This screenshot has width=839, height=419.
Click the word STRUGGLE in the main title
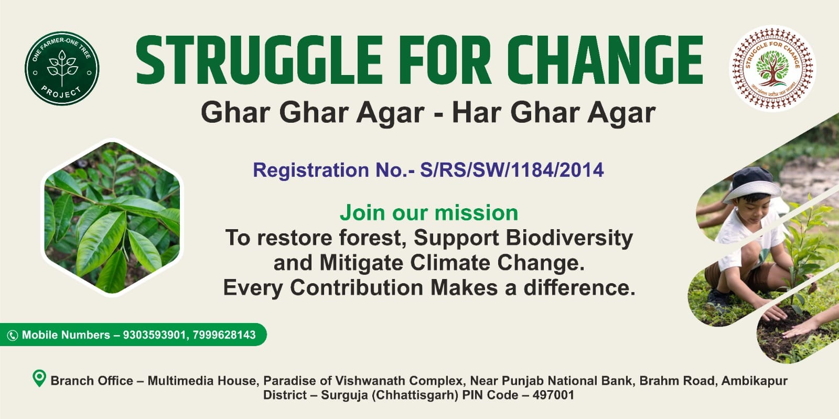[259, 60]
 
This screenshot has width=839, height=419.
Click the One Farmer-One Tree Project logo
[62, 68]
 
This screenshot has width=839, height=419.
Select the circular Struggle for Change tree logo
[772, 68]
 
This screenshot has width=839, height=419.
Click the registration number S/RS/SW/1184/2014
[512, 170]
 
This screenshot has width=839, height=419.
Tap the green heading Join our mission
[429, 213]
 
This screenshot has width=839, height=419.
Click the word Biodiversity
[569, 239]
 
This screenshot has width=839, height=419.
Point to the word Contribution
[357, 287]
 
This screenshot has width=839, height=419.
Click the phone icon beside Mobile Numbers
[13, 335]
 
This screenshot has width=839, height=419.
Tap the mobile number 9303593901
[154, 335]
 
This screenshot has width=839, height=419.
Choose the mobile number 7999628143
[224, 335]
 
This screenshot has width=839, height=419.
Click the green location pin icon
[39, 378]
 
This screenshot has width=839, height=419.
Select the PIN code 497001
[553, 395]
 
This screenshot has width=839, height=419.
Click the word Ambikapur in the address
[755, 381]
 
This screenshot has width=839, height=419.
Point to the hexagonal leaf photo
[112, 218]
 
